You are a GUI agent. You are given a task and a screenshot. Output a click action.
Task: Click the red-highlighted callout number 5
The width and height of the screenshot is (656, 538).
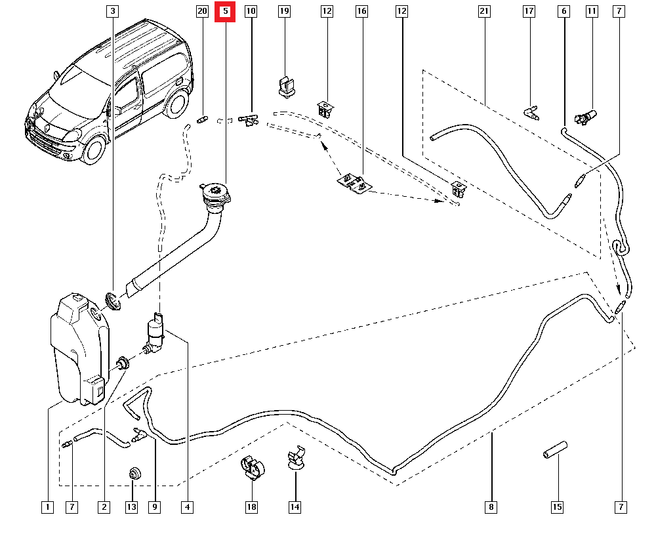pos(225,12)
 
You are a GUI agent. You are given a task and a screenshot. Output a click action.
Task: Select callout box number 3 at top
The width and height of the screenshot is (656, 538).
pos(113,12)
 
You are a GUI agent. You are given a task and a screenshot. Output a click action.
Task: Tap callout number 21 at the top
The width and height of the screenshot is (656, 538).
pos(484,12)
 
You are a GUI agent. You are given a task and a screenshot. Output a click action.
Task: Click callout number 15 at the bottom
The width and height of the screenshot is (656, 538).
pos(558,507)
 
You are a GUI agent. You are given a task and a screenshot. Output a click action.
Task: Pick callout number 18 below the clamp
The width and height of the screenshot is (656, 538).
pos(252,507)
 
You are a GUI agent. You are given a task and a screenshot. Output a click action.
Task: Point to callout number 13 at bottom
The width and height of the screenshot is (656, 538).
pos(132,507)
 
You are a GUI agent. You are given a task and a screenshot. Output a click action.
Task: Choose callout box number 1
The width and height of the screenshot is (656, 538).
pos(47,507)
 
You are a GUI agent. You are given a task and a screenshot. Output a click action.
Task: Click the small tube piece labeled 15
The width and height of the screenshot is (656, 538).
pos(554,452)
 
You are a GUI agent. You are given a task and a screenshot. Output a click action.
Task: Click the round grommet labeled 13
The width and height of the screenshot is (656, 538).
pos(134,474)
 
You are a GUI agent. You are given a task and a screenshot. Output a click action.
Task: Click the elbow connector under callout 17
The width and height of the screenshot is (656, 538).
pos(532,114)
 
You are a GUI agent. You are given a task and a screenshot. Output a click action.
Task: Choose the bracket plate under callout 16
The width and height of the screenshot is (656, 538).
pos(352,183)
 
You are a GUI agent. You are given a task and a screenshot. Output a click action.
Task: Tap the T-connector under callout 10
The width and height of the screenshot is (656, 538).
pos(249,119)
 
